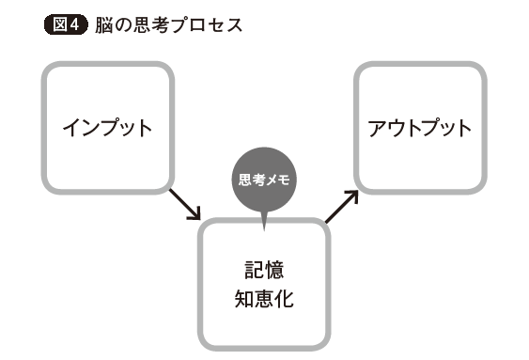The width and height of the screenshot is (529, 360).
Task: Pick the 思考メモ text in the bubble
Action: pyautogui.click(x=264, y=178)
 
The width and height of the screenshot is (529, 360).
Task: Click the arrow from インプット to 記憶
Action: pyautogui.click(x=186, y=204)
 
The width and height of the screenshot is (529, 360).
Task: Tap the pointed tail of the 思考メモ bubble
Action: pyautogui.click(x=264, y=224)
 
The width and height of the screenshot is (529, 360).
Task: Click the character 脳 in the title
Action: pyautogui.click(x=103, y=25)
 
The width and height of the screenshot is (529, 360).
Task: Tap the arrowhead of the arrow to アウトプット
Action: pyautogui.click(x=352, y=195)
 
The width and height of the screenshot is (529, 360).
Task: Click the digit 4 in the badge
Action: pyautogui.click(x=74, y=25)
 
